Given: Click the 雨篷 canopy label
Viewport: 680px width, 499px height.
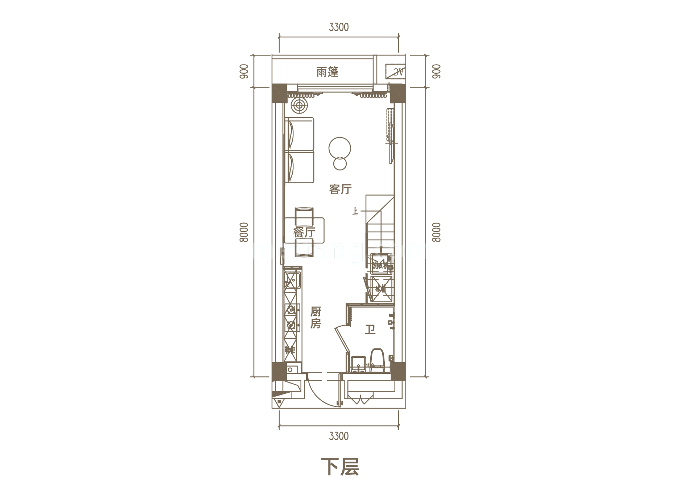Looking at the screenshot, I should pos(327,72).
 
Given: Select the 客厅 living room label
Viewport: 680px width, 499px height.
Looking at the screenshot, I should pos(340,189).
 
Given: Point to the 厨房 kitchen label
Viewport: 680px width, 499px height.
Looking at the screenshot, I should pos(316,318).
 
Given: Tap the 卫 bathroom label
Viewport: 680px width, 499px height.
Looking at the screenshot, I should pos(370,330).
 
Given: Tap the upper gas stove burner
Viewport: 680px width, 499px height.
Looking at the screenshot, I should pos(291,310).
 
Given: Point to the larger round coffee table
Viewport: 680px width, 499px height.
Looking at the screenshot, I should pos(340,148).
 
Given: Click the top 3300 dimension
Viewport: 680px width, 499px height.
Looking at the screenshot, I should pos(338,27).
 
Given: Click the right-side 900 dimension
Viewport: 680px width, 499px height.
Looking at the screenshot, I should pos(437,71).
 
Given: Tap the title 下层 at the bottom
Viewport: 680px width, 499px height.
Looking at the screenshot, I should pos(340,467).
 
